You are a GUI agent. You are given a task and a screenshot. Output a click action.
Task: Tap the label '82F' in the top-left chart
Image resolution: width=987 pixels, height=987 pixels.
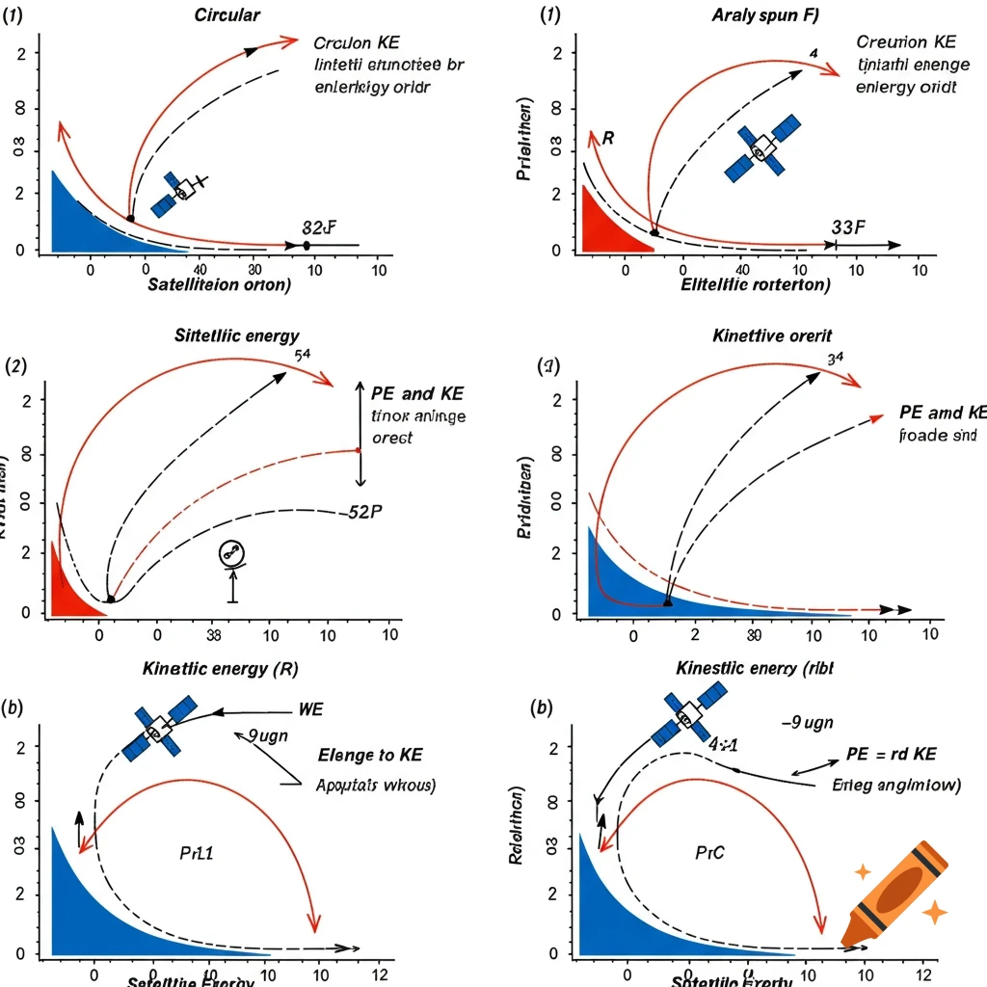[318, 228]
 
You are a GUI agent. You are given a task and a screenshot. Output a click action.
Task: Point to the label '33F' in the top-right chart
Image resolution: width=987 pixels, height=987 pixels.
[848, 227]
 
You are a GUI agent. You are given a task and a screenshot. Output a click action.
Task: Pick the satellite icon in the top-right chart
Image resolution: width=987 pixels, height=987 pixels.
[762, 148]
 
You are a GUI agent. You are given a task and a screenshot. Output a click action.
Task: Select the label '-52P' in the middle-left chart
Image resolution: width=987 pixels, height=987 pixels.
[362, 512]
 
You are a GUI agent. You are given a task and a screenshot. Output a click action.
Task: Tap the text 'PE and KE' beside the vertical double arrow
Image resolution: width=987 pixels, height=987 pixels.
[417, 393]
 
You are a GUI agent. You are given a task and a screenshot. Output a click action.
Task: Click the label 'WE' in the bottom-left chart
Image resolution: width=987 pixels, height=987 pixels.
[311, 709]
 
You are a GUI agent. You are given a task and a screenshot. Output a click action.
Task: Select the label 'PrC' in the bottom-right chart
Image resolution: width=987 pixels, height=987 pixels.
[709, 853]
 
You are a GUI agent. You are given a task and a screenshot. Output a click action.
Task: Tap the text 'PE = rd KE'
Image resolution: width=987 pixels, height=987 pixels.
[891, 754]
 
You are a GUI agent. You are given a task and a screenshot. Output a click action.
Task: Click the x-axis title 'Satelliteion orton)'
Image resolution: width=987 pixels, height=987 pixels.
[219, 284]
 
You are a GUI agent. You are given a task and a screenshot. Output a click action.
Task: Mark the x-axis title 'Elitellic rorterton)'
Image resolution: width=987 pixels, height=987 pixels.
[755, 284]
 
